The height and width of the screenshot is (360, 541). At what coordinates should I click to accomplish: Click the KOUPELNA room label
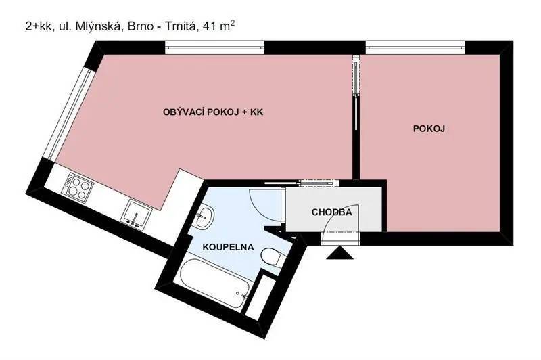(228, 247)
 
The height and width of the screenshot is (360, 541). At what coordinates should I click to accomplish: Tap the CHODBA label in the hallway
(331, 212)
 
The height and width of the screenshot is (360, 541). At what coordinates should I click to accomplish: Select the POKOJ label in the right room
(429, 129)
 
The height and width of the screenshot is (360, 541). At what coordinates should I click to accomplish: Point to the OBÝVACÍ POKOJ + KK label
(213, 112)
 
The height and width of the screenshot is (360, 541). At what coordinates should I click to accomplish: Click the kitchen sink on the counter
(137, 214)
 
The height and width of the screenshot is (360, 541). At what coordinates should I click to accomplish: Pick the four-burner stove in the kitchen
(78, 187)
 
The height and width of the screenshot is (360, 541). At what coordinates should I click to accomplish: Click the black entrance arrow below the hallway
(340, 253)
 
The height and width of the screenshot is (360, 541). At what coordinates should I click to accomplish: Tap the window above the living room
(214, 47)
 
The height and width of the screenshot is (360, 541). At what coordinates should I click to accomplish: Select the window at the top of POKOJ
(415, 47)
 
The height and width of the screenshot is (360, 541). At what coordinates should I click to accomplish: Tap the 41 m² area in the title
(219, 26)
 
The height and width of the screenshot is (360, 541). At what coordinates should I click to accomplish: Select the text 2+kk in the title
(38, 26)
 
